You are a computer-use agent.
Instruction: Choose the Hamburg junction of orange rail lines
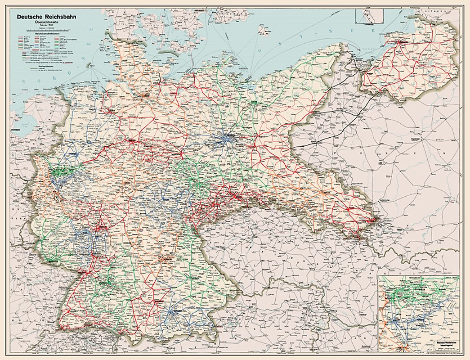pyautogui.click(x=144, y=95)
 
